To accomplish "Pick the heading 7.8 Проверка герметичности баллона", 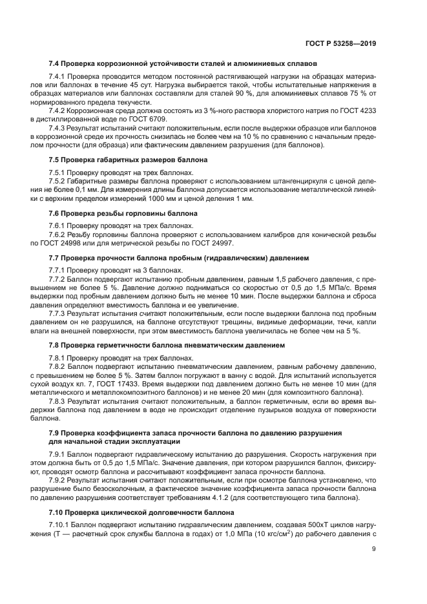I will tap(167, 345).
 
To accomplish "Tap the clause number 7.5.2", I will tap(58, 182).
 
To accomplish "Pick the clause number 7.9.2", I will tap(58, 481).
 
